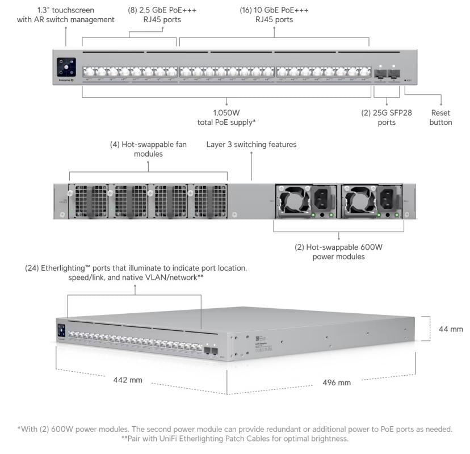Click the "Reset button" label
[x=440, y=117]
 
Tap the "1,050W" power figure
[x=226, y=112]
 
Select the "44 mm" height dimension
[x=451, y=329]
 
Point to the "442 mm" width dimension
[x=128, y=380]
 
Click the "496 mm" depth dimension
[x=337, y=382]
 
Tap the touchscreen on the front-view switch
[x=66, y=67]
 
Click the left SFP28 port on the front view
[x=380, y=73]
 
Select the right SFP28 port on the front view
[x=394, y=73]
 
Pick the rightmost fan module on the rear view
[x=209, y=200]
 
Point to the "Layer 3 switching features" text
[x=251, y=145]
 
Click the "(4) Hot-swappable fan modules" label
[x=148, y=149]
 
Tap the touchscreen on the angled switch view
[x=61, y=331]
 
